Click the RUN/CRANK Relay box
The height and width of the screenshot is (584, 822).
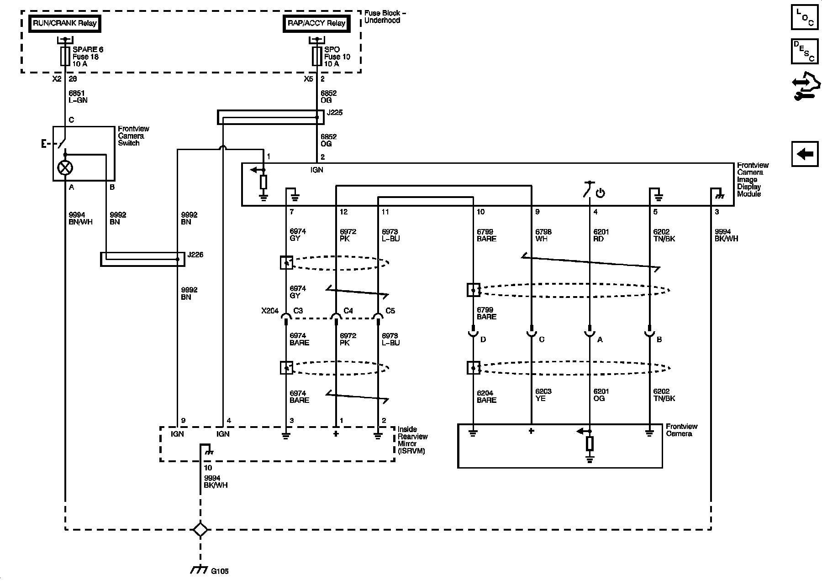tap(64, 23)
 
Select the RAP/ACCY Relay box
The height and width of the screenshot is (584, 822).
tap(316, 23)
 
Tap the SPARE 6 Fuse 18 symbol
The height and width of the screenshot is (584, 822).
tap(65, 56)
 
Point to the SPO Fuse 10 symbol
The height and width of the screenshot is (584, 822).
tap(317, 56)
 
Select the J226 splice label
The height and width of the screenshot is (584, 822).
tap(195, 255)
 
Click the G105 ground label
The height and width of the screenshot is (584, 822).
tap(220, 571)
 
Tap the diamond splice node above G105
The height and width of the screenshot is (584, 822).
tap(200, 530)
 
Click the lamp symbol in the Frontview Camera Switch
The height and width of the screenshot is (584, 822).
tap(65, 167)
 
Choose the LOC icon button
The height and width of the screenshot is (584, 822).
tap(805, 17)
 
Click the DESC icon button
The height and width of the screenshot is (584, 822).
tap(805, 51)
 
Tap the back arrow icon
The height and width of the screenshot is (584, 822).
tap(805, 154)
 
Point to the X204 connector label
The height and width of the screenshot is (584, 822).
tap(270, 311)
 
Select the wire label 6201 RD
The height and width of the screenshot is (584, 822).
tap(601, 235)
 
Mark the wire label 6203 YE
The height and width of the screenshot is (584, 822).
tap(543, 395)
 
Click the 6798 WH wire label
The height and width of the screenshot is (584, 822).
tap(543, 235)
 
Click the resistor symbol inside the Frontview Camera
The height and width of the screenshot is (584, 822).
tap(590, 444)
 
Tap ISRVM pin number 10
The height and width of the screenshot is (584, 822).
tap(208, 468)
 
